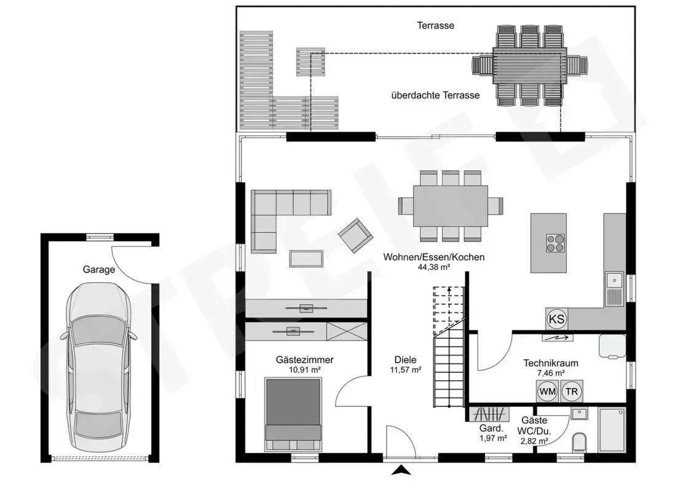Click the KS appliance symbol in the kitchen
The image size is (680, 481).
[x=556, y=319]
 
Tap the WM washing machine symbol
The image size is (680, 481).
[x=547, y=391]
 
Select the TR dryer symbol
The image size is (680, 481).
[x=572, y=391]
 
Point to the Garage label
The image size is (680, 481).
[x=99, y=269]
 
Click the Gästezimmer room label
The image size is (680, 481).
[x=304, y=360]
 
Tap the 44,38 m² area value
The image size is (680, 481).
[x=433, y=267]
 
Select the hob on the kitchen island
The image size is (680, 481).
[x=555, y=243]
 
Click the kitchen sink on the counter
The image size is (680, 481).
[x=614, y=289]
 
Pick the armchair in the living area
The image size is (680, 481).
[x=355, y=234]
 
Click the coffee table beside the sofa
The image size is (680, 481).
[x=306, y=258]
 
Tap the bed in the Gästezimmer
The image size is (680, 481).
[x=293, y=414]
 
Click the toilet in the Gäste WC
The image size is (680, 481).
[x=579, y=442]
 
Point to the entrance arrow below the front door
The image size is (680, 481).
[x=403, y=470]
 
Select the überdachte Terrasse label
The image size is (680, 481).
[x=435, y=95]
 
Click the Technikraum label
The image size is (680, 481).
[x=551, y=363]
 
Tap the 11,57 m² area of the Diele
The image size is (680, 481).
[x=406, y=370]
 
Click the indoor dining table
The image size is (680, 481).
[x=451, y=206]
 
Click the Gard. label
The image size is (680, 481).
[x=492, y=429]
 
